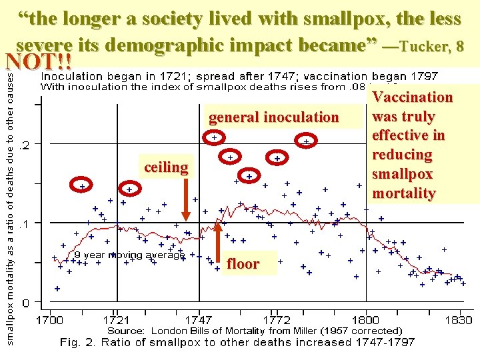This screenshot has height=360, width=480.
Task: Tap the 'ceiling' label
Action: (x=166, y=167)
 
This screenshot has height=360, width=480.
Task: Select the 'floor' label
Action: (x=243, y=263)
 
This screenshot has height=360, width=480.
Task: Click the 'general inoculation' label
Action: (x=273, y=117)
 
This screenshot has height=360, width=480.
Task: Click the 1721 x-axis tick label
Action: (x=117, y=320)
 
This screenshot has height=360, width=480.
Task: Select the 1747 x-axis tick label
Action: (x=199, y=320)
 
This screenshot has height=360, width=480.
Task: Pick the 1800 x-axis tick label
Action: (x=366, y=320)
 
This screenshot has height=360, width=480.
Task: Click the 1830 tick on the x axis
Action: (x=458, y=320)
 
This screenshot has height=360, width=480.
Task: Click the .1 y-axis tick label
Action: (x=25, y=223)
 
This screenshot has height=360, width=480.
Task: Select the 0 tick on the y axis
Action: (x=26, y=302)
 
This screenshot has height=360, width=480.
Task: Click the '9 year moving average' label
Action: (x=128, y=255)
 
